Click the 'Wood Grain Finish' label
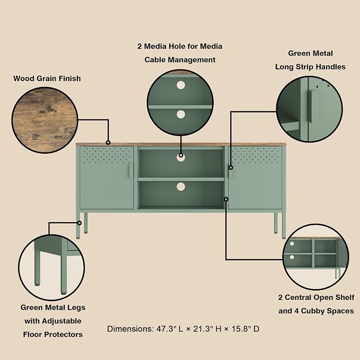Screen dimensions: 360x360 (47, 78)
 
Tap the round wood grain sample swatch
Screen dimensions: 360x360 (45, 120)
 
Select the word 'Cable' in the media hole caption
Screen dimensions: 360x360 (155, 60)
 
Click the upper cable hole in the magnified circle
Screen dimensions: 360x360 (181, 85)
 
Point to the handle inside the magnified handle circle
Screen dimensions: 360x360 (311, 106)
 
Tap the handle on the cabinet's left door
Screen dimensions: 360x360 (130, 171)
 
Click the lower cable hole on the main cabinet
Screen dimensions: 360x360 (181, 187)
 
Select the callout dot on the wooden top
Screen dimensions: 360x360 (108, 143)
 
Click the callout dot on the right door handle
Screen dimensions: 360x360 (231, 168)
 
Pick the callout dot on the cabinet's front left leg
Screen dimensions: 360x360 (80, 223)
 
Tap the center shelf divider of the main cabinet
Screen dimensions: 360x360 (181, 179)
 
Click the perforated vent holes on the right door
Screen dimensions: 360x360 (256, 155)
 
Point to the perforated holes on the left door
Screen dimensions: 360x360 (106, 155)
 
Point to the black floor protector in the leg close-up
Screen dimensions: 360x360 (64, 293)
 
